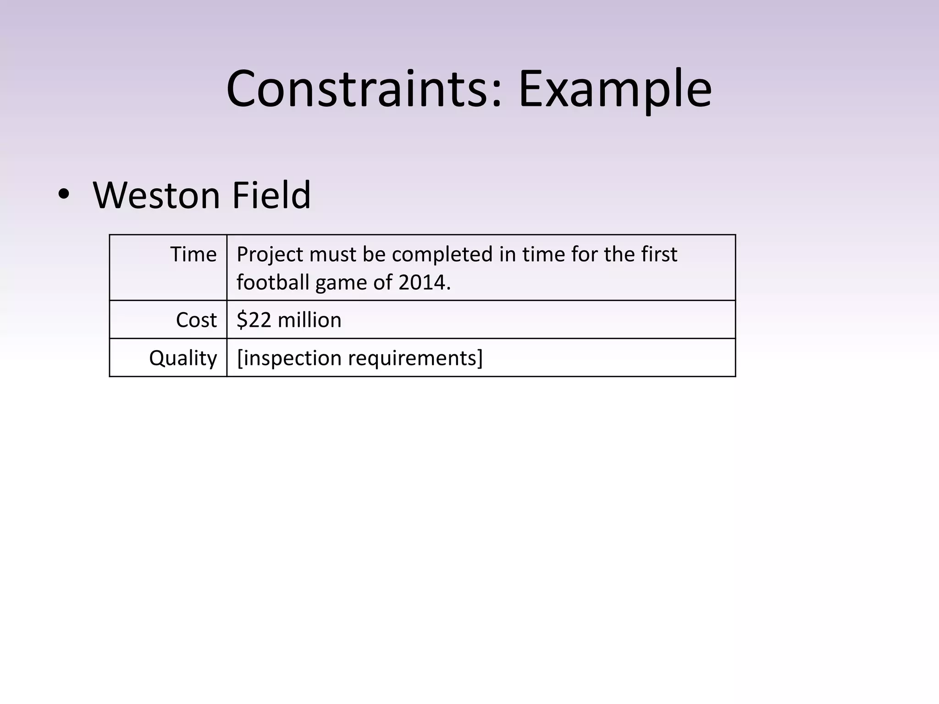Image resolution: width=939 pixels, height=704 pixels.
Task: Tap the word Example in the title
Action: pyautogui.click(x=615, y=89)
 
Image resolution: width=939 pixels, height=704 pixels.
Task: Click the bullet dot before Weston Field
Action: pyautogui.click(x=64, y=195)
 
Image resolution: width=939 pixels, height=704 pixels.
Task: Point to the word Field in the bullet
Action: pyautogui.click(x=271, y=195)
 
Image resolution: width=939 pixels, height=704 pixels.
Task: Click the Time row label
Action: pyautogui.click(x=193, y=254)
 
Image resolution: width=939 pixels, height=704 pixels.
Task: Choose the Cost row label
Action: pyautogui.click(x=196, y=320)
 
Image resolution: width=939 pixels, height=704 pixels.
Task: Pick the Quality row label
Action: pyautogui.click(x=183, y=358)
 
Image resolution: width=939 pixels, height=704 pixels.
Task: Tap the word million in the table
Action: pyautogui.click(x=309, y=320)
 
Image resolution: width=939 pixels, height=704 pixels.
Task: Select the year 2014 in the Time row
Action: pyautogui.click(x=424, y=282)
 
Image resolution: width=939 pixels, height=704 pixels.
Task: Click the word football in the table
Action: pyautogui.click(x=273, y=282)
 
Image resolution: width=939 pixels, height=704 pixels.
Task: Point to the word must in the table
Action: pyautogui.click(x=333, y=254)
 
